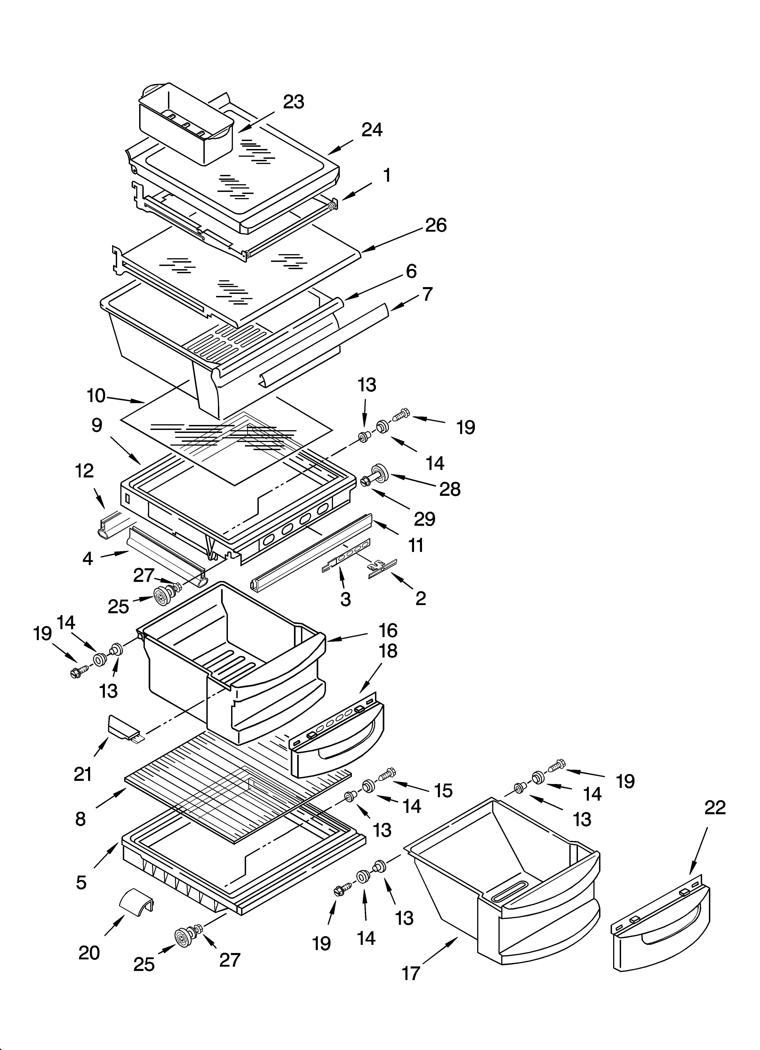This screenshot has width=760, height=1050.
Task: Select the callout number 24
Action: [x=372, y=130]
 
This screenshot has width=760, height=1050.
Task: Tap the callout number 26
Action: [x=436, y=226]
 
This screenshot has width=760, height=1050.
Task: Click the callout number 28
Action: [x=449, y=489]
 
